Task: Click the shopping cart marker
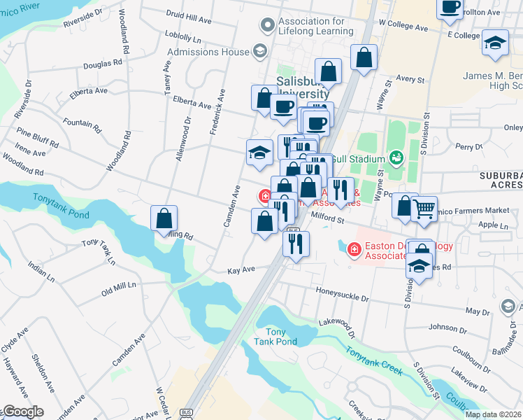[x=424, y=207]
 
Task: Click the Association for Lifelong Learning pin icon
[x=267, y=26]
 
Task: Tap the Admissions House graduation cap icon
[x=259, y=51]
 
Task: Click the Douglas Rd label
[x=101, y=64]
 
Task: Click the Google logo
[x=22, y=412]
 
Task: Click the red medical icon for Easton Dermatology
[x=354, y=248]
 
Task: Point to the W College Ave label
[x=403, y=27]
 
